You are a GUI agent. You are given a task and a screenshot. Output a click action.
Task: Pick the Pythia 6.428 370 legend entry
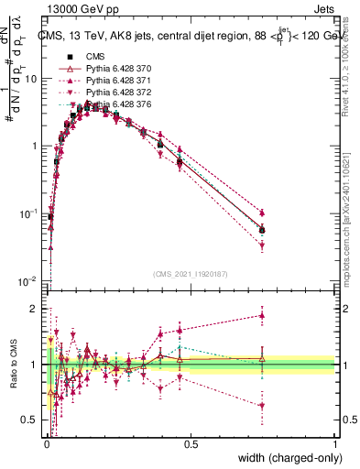tap(111, 69)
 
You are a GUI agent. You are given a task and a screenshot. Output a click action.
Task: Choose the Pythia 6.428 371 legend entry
tap(111, 82)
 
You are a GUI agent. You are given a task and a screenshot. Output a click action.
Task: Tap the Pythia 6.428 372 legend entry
tap(111, 93)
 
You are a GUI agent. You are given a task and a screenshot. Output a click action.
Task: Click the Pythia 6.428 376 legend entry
tap(111, 106)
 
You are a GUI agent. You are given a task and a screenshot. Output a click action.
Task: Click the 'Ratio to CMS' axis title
tap(11, 366)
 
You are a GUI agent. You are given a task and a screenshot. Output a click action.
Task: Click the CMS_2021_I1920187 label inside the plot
tap(190, 273)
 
